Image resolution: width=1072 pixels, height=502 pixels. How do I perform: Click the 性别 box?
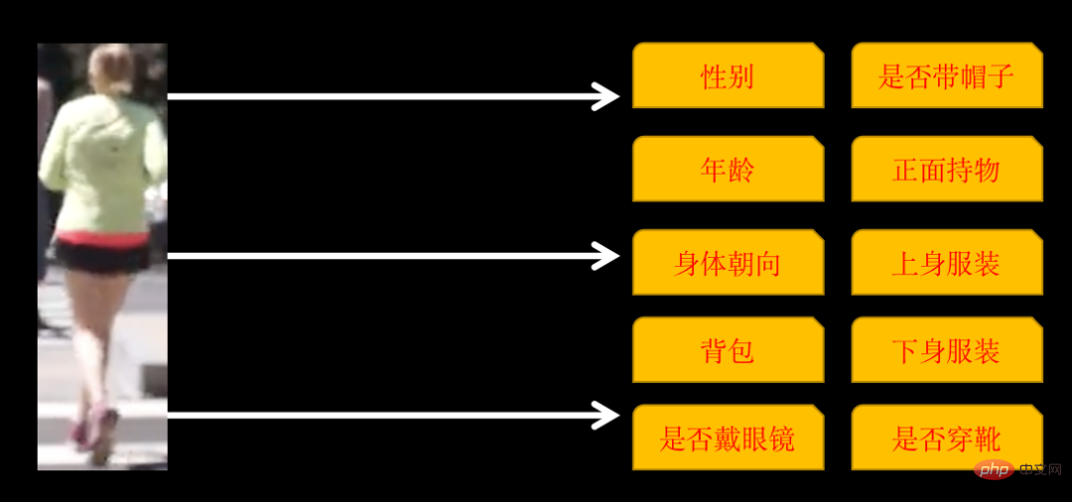click(x=728, y=75)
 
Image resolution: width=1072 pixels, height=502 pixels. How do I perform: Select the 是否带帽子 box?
click(x=947, y=75)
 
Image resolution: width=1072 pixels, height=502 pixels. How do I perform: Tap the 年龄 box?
click(x=728, y=170)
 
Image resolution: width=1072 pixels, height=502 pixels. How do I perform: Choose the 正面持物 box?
click(x=947, y=170)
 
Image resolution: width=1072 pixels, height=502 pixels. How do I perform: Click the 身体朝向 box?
click(x=728, y=263)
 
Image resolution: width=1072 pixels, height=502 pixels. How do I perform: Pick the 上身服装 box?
click(x=947, y=263)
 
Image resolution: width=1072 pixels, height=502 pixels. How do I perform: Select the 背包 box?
click(x=728, y=350)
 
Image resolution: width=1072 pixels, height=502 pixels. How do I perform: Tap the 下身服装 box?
click(x=947, y=350)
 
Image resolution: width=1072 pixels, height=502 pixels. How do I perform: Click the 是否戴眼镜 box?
click(x=728, y=438)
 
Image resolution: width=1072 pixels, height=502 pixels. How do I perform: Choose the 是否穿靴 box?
click(x=947, y=438)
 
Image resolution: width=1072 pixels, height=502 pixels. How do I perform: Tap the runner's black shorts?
click(x=102, y=257)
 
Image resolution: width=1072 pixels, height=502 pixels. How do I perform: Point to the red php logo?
click(x=993, y=468)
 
